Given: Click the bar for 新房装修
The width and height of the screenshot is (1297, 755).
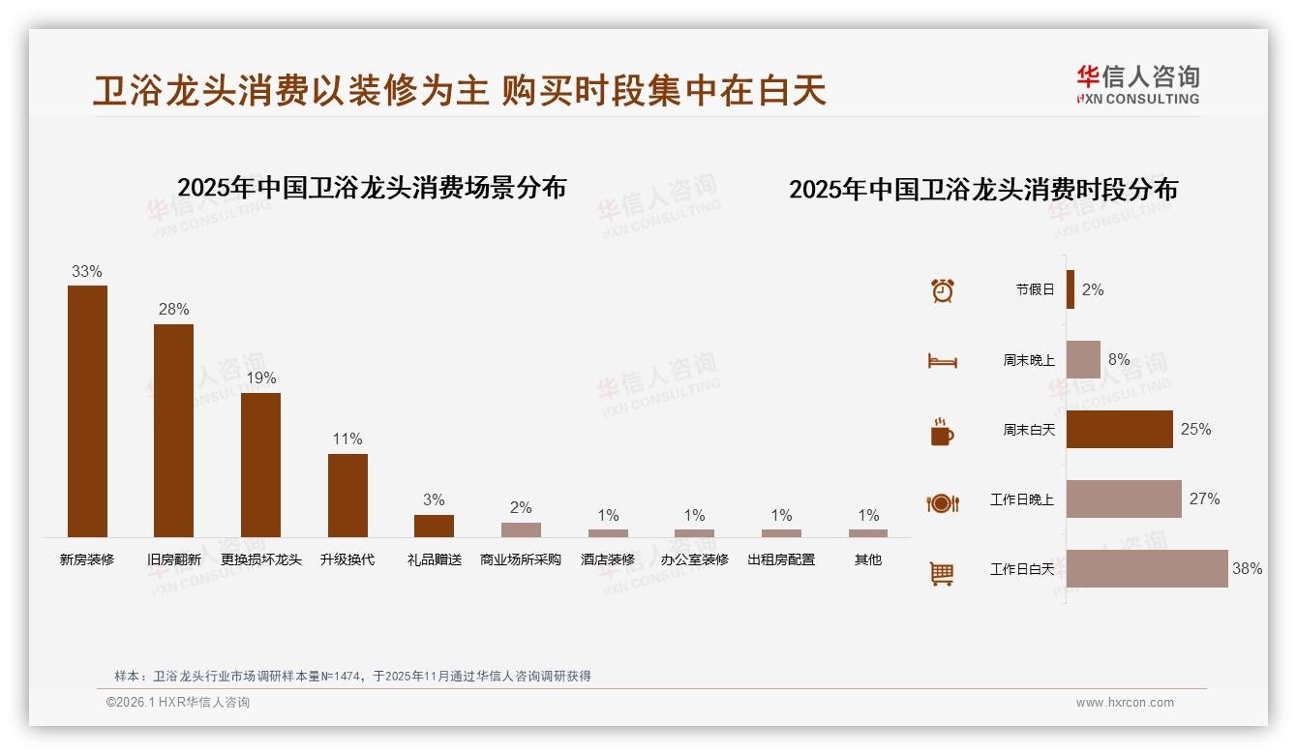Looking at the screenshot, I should (x=87, y=410).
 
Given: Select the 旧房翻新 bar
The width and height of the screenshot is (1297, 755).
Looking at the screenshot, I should (x=173, y=430).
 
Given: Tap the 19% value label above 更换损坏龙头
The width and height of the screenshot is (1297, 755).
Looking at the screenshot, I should (x=260, y=377).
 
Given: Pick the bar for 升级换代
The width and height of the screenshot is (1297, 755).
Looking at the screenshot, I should (x=347, y=495).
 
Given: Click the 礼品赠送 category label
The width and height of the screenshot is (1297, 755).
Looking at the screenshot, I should (x=435, y=559).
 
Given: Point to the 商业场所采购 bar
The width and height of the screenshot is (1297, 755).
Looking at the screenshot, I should (x=521, y=529).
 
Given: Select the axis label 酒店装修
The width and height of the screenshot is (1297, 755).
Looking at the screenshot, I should (x=608, y=559).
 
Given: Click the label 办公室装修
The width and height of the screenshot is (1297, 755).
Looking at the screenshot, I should (x=694, y=559).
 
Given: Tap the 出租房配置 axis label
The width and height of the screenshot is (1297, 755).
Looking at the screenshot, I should (x=781, y=559).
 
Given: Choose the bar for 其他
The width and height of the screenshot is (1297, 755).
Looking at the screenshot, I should (x=868, y=532).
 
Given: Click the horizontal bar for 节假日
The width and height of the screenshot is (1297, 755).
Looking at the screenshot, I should (x=1071, y=289).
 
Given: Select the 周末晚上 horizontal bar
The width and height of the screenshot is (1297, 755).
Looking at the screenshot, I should (x=1083, y=359).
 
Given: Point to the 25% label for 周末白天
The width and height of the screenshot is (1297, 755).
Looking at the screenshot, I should (x=1195, y=429).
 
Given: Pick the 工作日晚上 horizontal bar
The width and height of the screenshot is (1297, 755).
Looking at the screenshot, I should (x=1124, y=498).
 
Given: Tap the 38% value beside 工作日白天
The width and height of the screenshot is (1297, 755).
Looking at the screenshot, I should (x=1247, y=569).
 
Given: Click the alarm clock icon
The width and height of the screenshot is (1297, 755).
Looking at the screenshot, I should (x=943, y=290).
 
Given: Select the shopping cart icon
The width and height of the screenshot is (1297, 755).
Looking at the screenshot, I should (x=942, y=573).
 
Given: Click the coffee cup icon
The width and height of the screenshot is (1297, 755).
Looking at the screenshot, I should (x=942, y=432).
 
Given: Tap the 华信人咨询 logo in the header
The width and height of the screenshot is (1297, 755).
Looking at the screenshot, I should (x=1137, y=84).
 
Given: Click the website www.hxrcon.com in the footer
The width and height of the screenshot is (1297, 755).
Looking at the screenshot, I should (x=1125, y=703).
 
